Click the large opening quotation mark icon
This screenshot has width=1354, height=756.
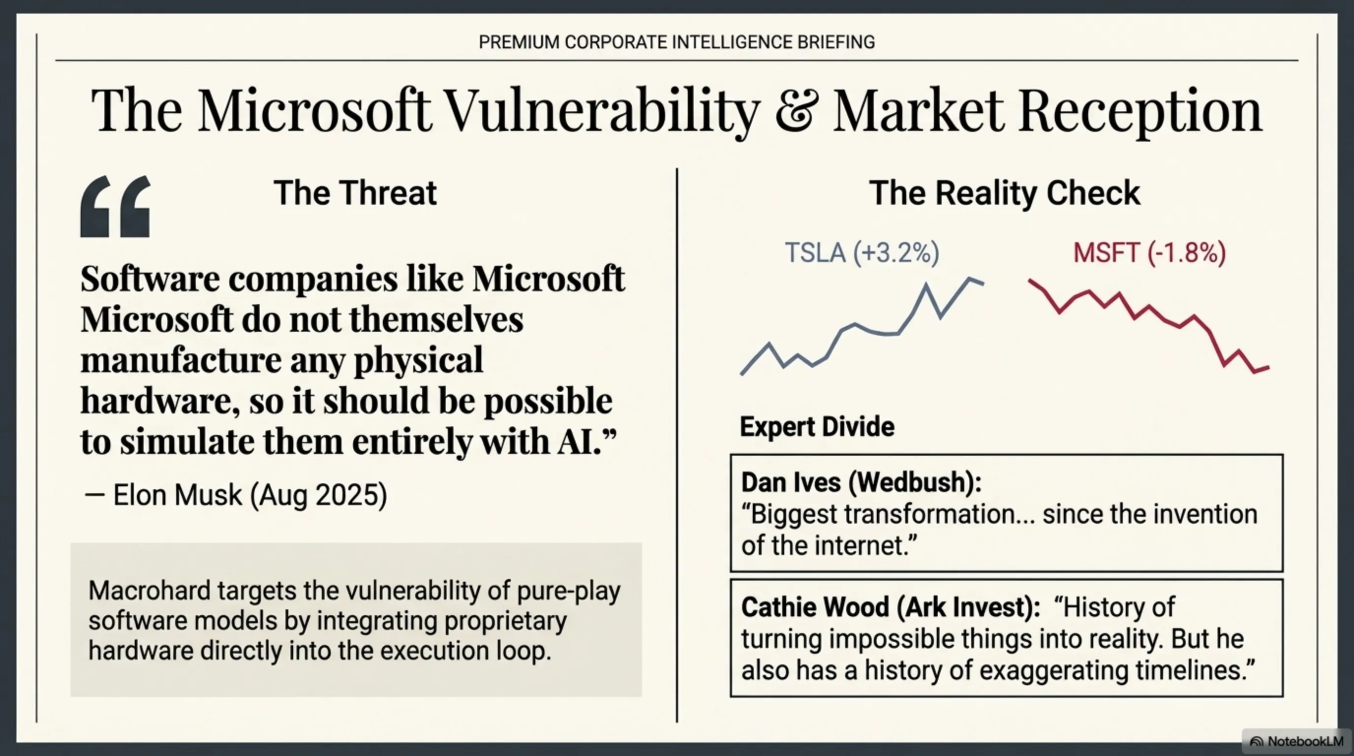click(116, 206)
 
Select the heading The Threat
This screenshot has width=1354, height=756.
click(355, 193)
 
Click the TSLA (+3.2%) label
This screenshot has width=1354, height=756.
click(862, 253)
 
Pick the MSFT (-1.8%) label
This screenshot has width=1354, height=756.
click(1149, 253)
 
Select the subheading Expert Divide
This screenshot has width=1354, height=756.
click(817, 426)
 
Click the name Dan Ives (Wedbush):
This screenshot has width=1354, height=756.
click(861, 482)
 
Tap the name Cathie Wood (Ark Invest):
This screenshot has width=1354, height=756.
click(890, 607)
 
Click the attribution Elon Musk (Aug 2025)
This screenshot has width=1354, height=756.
click(249, 495)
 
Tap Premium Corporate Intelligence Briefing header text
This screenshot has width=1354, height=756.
click(677, 42)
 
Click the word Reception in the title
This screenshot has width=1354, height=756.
click(1140, 111)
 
